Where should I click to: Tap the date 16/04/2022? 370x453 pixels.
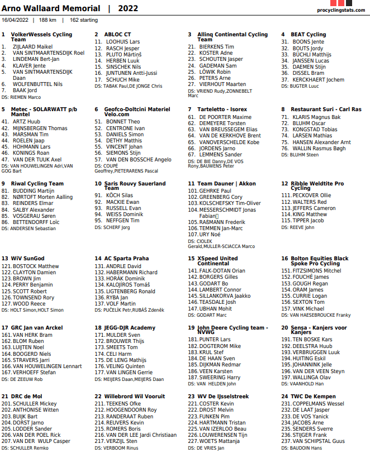pyautogui.click(x=16, y=20)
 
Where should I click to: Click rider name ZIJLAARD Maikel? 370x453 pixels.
pyautogui.click(x=32, y=46)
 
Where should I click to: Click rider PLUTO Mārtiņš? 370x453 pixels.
pyautogui.click(x=124, y=54)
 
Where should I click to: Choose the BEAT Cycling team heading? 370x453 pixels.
pyautogui.click(x=308, y=35)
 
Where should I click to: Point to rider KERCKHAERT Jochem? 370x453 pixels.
pyautogui.click(x=318, y=80)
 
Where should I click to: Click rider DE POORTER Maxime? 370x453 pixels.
pyautogui.click(x=225, y=117)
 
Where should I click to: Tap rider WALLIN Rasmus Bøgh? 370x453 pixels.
pyautogui.click(x=319, y=149)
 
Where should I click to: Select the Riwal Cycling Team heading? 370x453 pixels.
pyautogui.click(x=37, y=184)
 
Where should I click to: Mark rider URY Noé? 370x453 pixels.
pyautogui.click(x=210, y=235)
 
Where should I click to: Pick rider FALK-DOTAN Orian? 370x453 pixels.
pyautogui.click(x=222, y=271)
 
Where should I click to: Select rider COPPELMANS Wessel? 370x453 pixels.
pyautogui.click(x=318, y=404)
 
